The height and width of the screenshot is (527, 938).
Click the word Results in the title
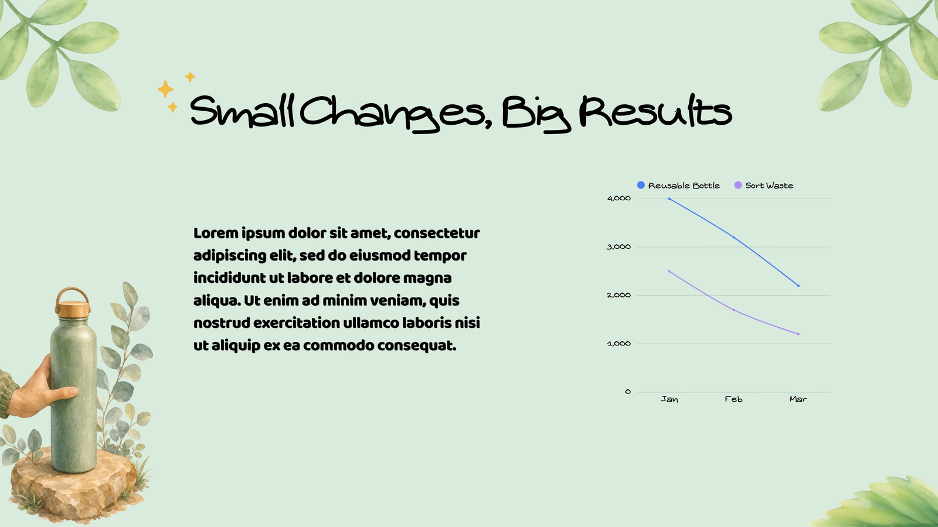pyautogui.click(x=656, y=111)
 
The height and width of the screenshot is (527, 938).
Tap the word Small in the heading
pyautogui.click(x=243, y=111)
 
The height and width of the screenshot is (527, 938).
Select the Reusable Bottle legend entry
pyautogui.click(x=678, y=185)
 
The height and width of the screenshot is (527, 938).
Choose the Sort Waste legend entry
pyautogui.click(x=764, y=185)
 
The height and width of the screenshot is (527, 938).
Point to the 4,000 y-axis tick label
pyautogui.click(x=619, y=199)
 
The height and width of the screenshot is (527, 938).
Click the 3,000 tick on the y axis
pyautogui.click(x=618, y=247)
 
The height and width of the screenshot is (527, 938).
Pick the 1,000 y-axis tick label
pyautogui.click(x=619, y=344)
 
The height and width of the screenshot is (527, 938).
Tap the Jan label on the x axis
pyautogui.click(x=669, y=399)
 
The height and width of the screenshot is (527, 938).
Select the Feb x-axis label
pyautogui.click(x=733, y=399)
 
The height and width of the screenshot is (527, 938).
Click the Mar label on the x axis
pyautogui.click(x=798, y=399)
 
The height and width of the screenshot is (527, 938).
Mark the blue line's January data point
pyautogui.click(x=669, y=199)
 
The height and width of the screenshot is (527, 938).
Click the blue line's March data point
pyautogui.click(x=798, y=286)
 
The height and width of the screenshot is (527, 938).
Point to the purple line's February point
pyautogui.click(x=733, y=310)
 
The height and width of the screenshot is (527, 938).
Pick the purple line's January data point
pyautogui.click(x=669, y=271)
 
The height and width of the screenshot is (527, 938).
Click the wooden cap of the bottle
pyautogui.click(x=73, y=309)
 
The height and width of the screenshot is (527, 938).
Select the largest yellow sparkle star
pyautogui.click(x=165, y=88)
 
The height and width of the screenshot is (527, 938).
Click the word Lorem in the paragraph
pyautogui.click(x=216, y=233)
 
